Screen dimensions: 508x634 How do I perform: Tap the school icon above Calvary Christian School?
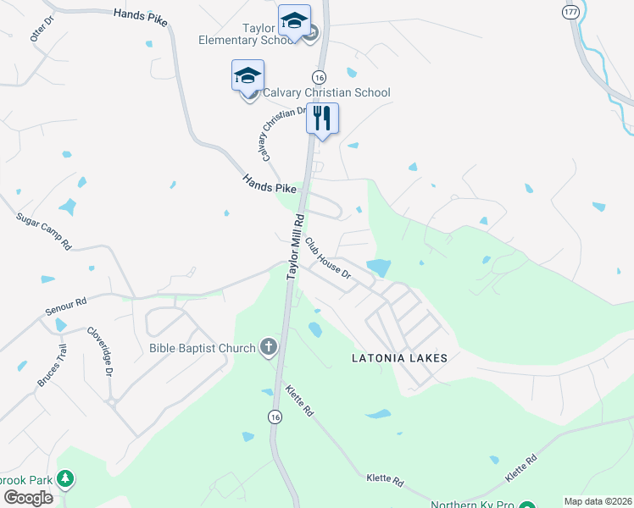click(x=248, y=75)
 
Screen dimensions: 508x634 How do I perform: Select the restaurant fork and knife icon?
click(x=322, y=118)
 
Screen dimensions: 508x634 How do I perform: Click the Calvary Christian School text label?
click(x=326, y=92)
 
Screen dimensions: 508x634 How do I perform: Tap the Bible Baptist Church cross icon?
click(x=269, y=346)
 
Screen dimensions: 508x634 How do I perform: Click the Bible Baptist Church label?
click(x=202, y=348)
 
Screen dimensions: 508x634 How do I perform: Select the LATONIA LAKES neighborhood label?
click(x=399, y=358)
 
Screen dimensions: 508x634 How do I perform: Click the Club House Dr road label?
click(x=328, y=258)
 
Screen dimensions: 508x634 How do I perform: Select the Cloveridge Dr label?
click(x=98, y=351)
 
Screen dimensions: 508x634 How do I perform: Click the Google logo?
click(x=28, y=498)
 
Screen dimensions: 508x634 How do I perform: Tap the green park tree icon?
click(x=64, y=480)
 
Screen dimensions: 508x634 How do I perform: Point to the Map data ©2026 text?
click(x=598, y=501)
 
